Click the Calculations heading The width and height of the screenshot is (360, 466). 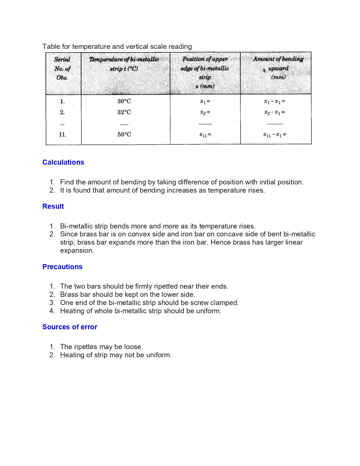(63, 162)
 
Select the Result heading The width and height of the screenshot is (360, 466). (53, 206)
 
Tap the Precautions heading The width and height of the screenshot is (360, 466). (62, 267)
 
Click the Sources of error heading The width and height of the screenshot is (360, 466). (70, 327)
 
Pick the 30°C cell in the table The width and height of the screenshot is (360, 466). (124, 101)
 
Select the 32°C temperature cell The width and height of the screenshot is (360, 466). (124, 112)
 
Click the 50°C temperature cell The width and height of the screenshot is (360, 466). (124, 134)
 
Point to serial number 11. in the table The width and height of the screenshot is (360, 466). (63, 134)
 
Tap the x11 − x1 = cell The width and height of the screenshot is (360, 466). (274, 135)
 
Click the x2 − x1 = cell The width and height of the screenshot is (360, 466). (274, 112)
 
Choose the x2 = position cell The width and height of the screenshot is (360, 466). (205, 112)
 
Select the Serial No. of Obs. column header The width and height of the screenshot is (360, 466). (62, 69)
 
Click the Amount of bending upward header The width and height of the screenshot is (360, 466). (278, 68)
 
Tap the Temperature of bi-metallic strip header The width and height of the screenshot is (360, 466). (124, 64)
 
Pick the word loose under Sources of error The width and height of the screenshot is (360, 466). (133, 347)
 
